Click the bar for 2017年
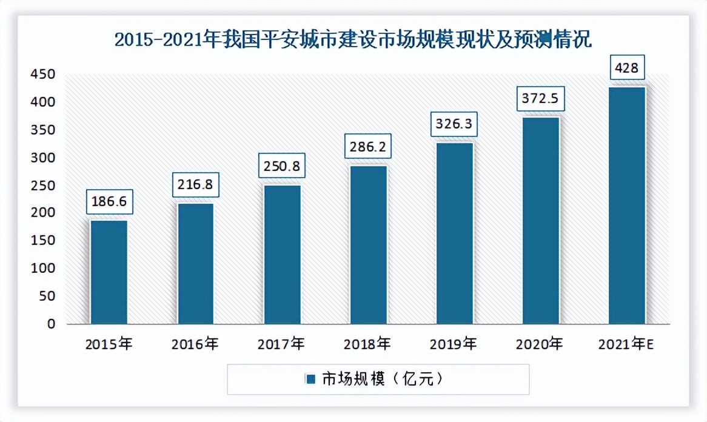(282, 254)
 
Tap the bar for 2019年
(455, 233)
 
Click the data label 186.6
(109, 203)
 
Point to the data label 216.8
(195, 185)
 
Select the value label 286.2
(368, 147)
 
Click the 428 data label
(626, 67)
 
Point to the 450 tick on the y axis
(43, 75)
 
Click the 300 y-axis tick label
(43, 158)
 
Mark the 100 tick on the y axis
(43, 268)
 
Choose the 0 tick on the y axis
(52, 324)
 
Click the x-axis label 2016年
(195, 344)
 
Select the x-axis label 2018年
(367, 344)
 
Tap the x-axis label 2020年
(540, 344)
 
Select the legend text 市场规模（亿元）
(383, 380)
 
